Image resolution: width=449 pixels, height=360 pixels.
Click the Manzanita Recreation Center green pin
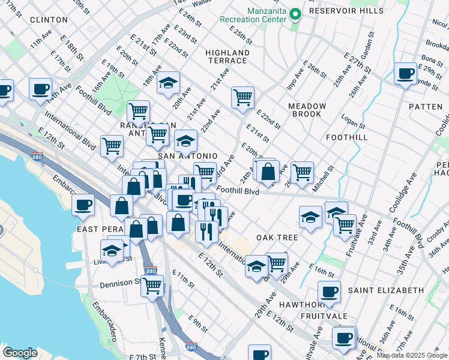pos(295,13)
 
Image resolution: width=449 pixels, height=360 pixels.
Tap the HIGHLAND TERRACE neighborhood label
pos(226,56)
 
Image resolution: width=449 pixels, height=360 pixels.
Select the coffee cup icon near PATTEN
pos(406,74)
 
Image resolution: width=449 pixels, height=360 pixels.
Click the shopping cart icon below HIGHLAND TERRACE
pos(243,97)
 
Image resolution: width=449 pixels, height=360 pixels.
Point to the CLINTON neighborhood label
pos(44,20)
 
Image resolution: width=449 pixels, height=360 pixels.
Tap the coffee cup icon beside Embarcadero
pos(83,205)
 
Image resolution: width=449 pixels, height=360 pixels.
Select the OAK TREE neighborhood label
pos(277,238)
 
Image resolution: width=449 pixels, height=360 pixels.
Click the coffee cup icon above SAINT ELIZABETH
pos(328,292)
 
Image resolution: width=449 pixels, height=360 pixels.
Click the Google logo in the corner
pos(20,353)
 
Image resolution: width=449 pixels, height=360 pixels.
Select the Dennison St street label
pos(119,284)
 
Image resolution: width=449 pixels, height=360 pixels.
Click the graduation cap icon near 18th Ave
pos(169,83)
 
